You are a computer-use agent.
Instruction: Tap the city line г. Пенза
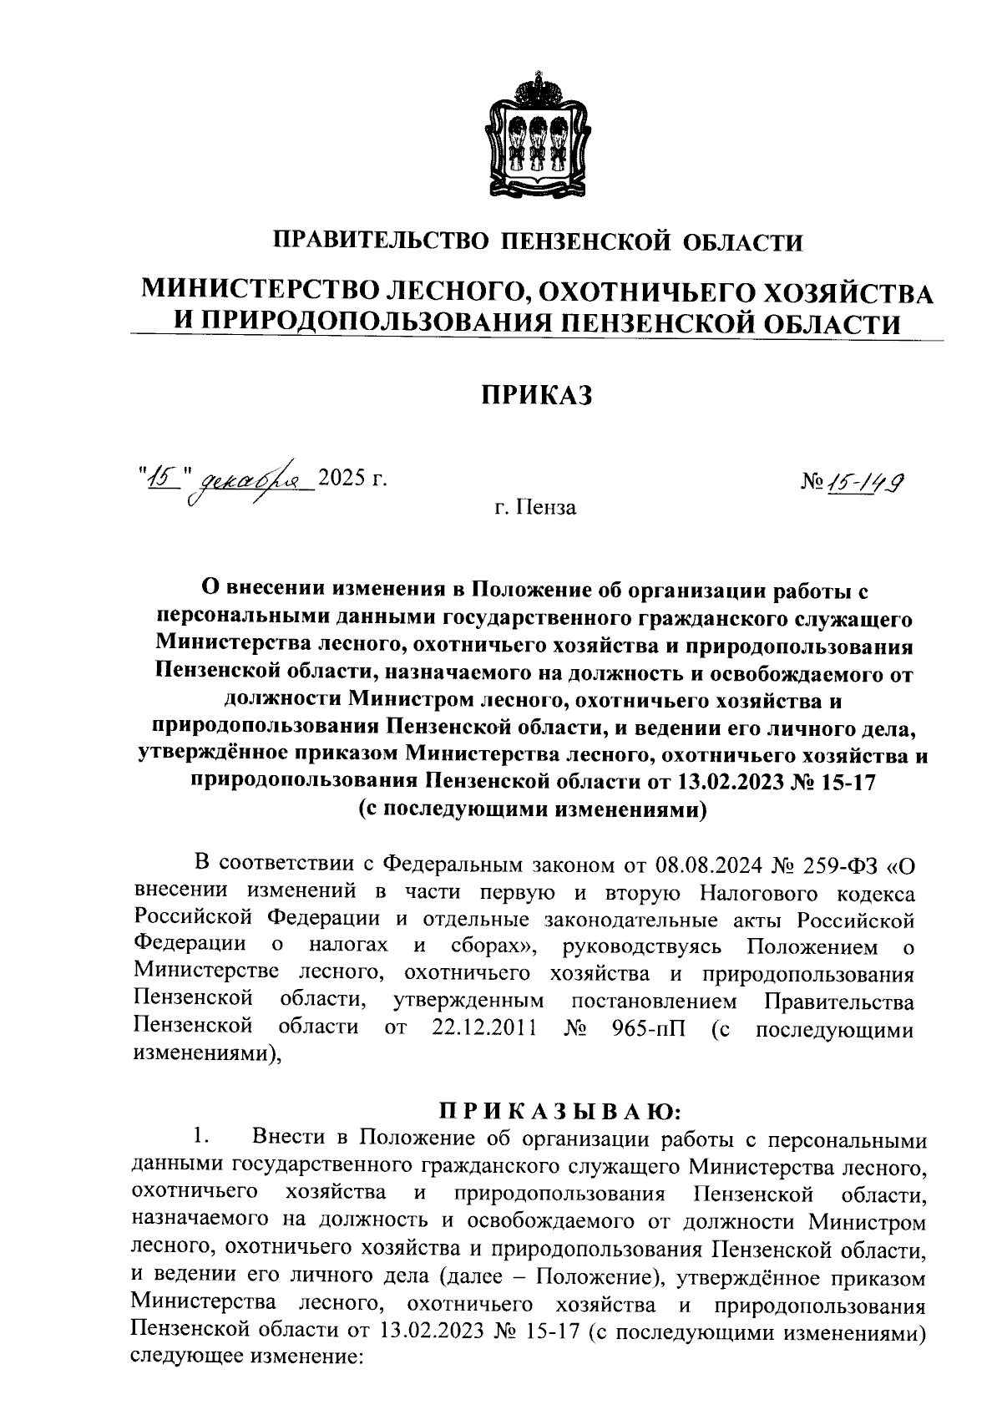tap(534, 507)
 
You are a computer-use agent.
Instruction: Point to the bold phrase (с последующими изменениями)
tap(534, 809)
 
